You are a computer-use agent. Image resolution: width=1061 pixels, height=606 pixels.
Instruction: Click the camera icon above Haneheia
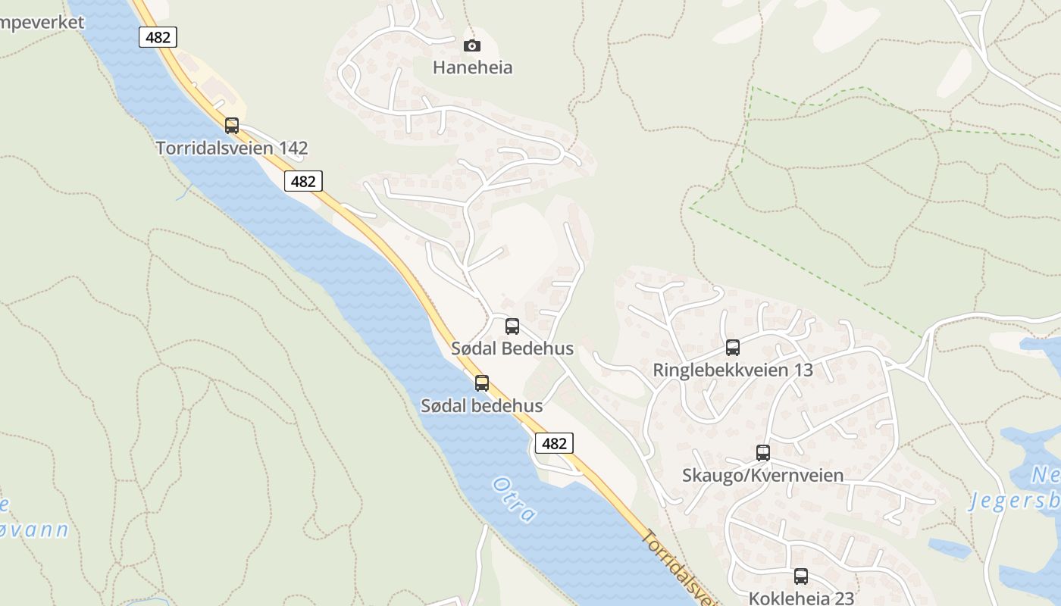pyautogui.click(x=471, y=46)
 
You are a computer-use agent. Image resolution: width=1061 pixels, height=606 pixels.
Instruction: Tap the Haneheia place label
pyautogui.click(x=472, y=67)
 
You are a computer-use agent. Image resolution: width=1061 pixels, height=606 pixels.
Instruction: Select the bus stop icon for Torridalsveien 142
pyautogui.click(x=232, y=126)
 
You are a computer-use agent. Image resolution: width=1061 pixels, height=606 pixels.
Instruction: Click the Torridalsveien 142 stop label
pyautogui.click(x=232, y=148)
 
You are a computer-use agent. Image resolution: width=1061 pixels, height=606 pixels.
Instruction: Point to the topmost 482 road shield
pyautogui.click(x=158, y=37)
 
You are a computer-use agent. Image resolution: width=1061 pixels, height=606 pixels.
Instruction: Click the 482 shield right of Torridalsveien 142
pyautogui.click(x=303, y=181)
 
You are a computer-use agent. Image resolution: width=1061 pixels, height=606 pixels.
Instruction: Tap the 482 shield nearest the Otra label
pyautogui.click(x=554, y=443)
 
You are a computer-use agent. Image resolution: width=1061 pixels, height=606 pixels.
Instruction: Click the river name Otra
pyautogui.click(x=514, y=499)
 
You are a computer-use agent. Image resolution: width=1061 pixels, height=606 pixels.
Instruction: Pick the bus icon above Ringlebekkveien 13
pyautogui.click(x=732, y=348)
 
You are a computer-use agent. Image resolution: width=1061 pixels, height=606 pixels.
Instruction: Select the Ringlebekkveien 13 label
pyautogui.click(x=732, y=370)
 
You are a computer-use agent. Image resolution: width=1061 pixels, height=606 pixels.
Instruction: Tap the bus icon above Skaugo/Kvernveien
pyautogui.click(x=762, y=453)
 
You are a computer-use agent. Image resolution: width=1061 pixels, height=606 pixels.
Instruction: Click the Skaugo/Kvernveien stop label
pyautogui.click(x=762, y=475)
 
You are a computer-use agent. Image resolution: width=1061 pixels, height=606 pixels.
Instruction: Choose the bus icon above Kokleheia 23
pyautogui.click(x=800, y=576)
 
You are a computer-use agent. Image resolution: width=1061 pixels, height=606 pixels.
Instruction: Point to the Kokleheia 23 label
pyautogui.click(x=800, y=598)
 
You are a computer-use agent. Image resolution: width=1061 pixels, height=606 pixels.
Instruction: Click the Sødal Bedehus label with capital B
pyautogui.click(x=512, y=348)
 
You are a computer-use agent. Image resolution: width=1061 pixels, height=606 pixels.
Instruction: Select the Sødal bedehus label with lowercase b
pyautogui.click(x=482, y=405)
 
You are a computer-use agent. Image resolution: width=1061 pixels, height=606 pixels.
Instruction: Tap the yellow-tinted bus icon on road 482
pyautogui.click(x=482, y=383)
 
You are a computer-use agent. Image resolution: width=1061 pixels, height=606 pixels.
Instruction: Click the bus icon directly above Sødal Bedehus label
pyautogui.click(x=512, y=326)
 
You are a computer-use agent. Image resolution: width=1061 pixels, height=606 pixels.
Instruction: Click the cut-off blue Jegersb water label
pyautogui.click(x=1016, y=502)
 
